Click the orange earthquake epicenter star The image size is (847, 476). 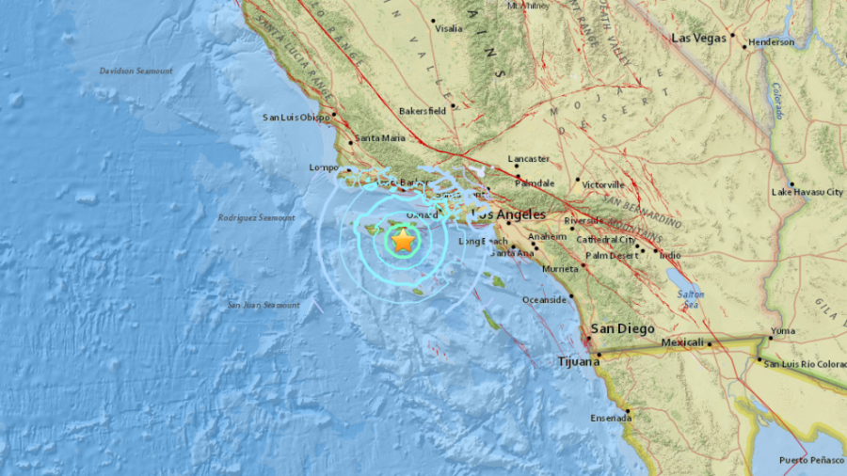tap(403, 241)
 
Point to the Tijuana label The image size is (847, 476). tap(576, 360)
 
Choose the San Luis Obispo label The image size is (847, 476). tap(296, 118)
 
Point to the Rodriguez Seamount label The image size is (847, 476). tap(257, 217)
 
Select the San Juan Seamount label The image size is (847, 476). tap(264, 305)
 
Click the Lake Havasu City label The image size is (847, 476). tap(807, 192)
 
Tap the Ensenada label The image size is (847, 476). tap(611, 419)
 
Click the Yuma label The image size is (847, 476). tap(782, 331)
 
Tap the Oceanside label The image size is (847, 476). tap(544, 300)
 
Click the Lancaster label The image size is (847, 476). tap(526, 159)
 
